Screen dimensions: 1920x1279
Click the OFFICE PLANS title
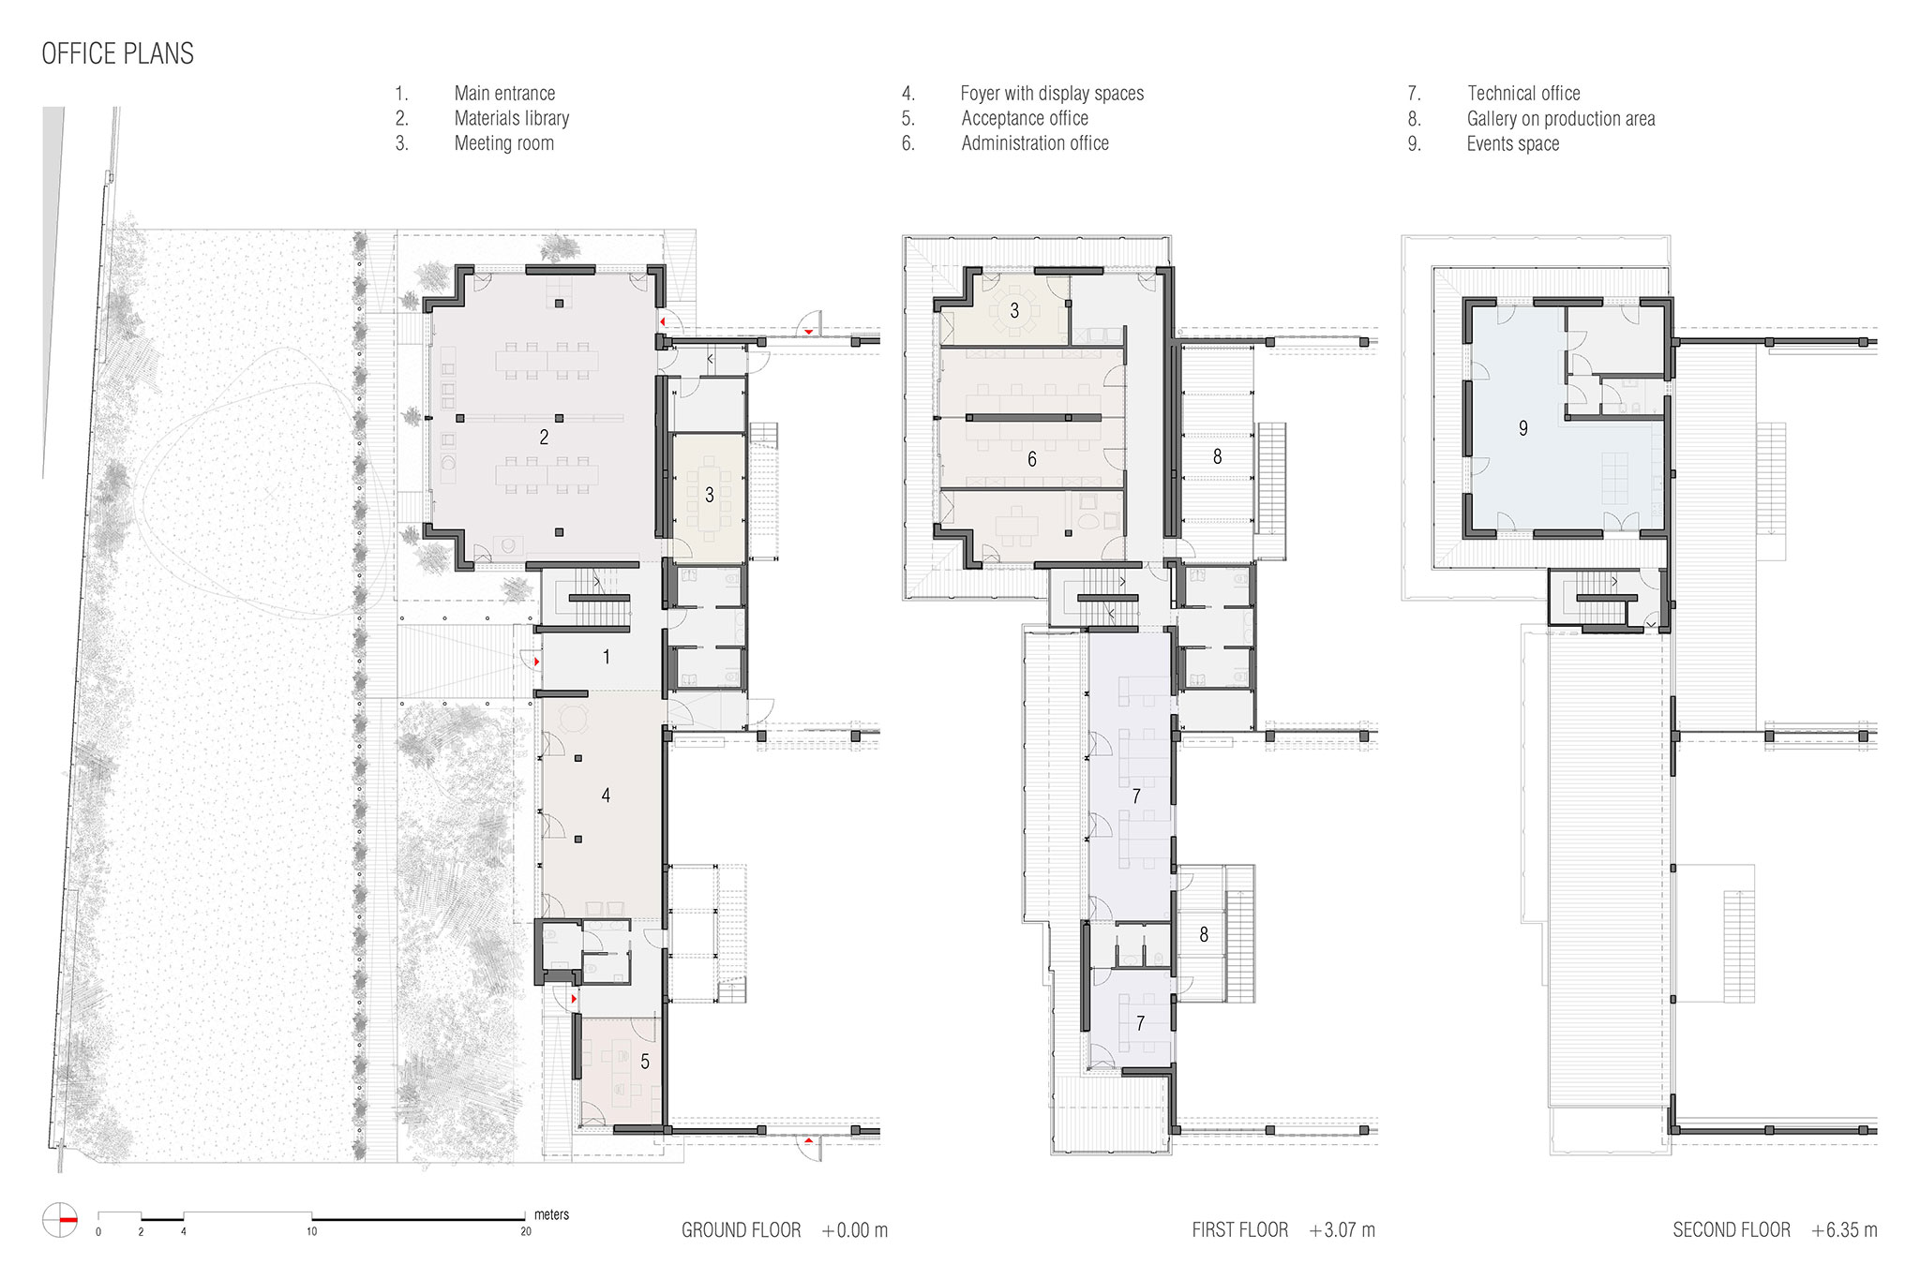pos(118,53)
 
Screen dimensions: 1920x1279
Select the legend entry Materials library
pos(512,118)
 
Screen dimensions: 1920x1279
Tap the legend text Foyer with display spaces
pos(1052,94)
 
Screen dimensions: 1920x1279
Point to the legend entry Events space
pos(1513,144)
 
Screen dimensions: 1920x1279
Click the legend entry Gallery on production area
pos(1561,119)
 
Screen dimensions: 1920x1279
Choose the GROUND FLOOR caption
pos(742,1230)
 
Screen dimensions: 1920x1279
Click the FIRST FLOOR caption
pos(1240,1230)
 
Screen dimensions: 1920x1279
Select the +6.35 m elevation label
pos(1845,1230)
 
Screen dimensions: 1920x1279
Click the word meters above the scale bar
pos(551,1214)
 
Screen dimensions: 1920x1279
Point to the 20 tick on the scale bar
pos(526,1231)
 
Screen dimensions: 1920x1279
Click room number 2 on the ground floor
pos(544,438)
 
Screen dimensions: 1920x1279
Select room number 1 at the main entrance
pos(607,658)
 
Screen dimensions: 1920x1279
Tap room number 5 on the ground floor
pos(645,1063)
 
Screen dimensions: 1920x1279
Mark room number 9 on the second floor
pos(1523,428)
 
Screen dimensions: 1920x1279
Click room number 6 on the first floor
pos(1032,459)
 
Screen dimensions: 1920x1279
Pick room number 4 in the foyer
pos(606,796)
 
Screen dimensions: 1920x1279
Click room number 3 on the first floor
pos(1014,310)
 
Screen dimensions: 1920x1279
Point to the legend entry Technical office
pos(1523,94)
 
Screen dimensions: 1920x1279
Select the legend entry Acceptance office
pos(1025,119)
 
